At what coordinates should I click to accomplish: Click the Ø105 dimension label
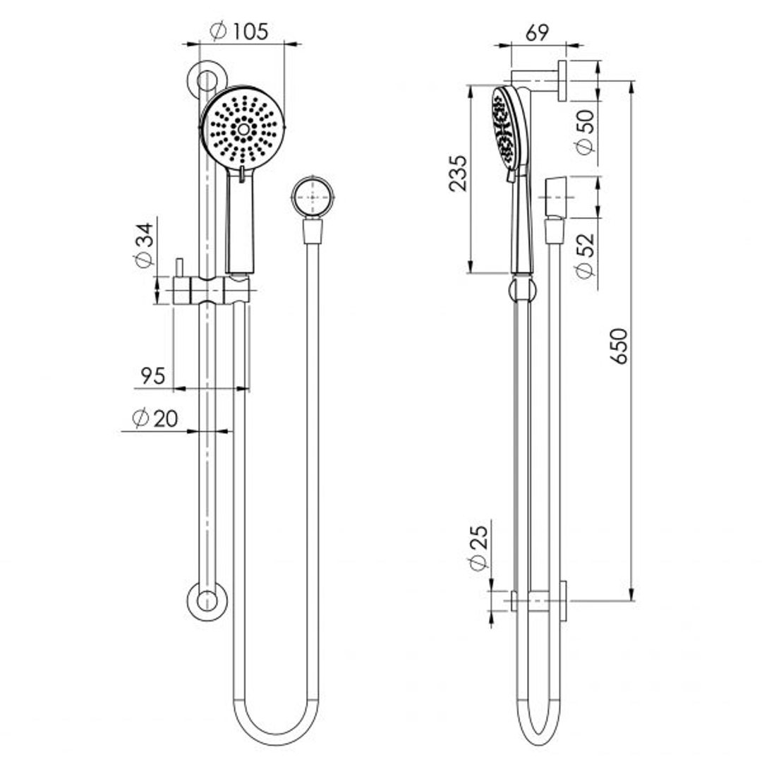click(240, 32)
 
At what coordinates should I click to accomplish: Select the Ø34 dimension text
click(143, 245)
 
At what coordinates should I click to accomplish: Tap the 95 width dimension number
click(152, 376)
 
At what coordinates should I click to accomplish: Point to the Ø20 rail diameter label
click(155, 418)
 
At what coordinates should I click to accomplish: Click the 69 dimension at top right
click(537, 33)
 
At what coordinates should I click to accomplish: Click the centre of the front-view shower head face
click(243, 129)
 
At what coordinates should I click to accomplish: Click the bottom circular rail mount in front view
click(207, 602)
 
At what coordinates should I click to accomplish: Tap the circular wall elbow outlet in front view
click(313, 197)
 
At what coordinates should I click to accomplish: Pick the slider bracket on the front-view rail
click(212, 290)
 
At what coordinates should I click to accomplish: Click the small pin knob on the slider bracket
click(179, 268)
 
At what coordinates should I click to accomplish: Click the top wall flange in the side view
click(562, 80)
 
